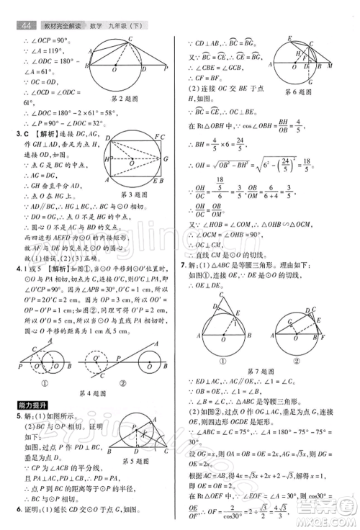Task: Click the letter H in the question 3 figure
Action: tap(106, 158)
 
